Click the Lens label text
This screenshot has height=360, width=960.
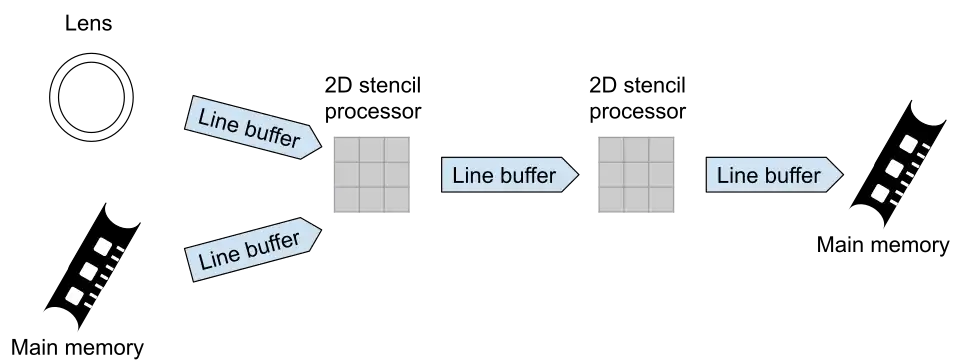(89, 24)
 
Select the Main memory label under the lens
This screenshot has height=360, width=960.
(78, 348)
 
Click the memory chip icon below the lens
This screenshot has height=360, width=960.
(93, 266)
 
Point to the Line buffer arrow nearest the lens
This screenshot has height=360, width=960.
(252, 127)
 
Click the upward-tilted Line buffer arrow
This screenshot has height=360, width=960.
(252, 250)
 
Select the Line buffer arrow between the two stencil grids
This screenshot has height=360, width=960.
(510, 175)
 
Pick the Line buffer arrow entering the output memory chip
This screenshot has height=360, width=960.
(774, 175)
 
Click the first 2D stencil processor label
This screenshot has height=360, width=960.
(373, 98)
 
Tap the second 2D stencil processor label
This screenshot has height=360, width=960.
(637, 98)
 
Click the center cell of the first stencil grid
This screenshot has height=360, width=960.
(372, 175)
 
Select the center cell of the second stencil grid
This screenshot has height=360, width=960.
(636, 175)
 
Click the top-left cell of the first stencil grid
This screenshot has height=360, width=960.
(347, 150)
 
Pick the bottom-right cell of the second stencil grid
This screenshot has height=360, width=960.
(661, 200)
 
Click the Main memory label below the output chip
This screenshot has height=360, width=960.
(883, 245)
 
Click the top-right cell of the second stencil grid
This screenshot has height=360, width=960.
(661, 150)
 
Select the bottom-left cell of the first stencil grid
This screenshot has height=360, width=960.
(347, 200)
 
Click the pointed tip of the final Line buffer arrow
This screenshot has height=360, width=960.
(843, 175)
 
